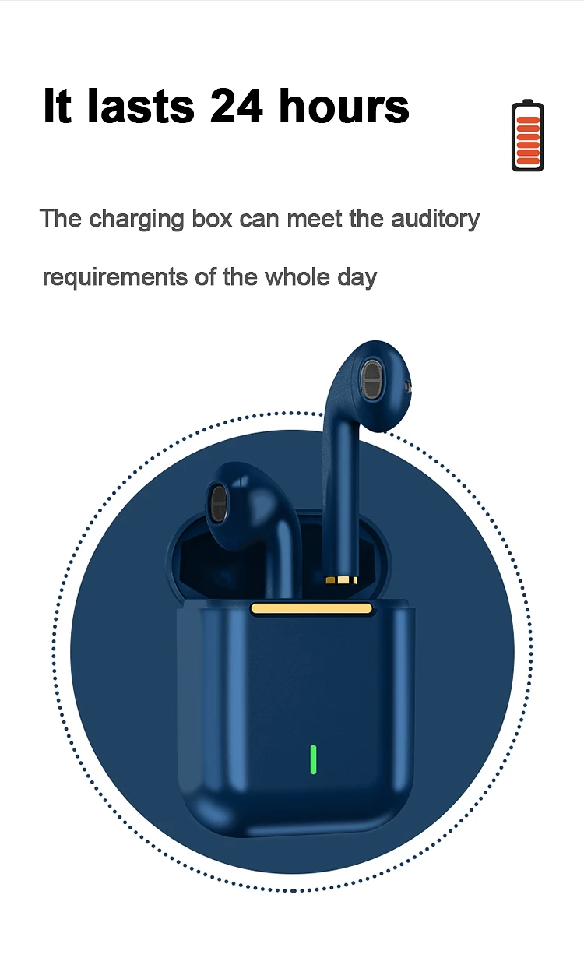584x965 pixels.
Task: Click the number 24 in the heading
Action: point(237,107)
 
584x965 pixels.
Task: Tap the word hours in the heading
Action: point(344,107)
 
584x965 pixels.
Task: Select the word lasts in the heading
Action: point(140,107)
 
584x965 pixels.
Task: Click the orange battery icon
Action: point(528,136)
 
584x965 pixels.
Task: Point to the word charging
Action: point(138,220)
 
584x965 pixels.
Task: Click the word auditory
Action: point(435,219)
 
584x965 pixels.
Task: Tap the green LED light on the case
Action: point(313,759)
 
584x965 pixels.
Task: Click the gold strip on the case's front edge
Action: point(311,609)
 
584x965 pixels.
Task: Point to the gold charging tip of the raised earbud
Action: point(341,579)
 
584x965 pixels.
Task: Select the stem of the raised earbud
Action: point(340,498)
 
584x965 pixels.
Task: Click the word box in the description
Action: point(212,219)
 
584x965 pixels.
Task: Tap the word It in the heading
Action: point(57,107)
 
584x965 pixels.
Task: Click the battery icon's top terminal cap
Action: point(528,102)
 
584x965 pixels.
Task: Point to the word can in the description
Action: point(260,219)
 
